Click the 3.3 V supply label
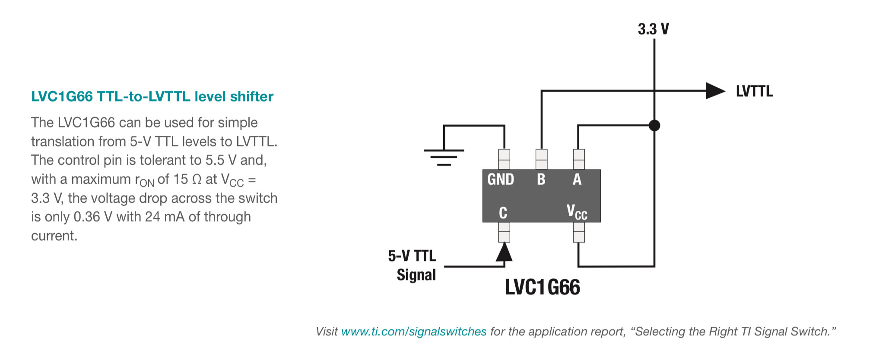[653, 29]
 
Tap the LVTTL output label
[754, 91]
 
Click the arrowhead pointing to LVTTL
[715, 91]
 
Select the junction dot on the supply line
[654, 125]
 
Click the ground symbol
[444, 157]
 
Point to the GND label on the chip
[501, 179]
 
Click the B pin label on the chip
[541, 179]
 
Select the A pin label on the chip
[577, 179]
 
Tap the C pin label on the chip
[503, 213]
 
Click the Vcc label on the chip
[577, 213]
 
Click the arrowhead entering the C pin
[504, 252]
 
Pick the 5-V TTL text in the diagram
[412, 256]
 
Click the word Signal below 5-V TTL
[416, 275]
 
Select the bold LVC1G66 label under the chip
[543, 287]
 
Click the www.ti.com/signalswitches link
[414, 331]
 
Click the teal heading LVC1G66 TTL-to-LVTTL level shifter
[152, 96]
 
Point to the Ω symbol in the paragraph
[197, 179]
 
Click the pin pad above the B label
[541, 159]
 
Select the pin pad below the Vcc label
[579, 232]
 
